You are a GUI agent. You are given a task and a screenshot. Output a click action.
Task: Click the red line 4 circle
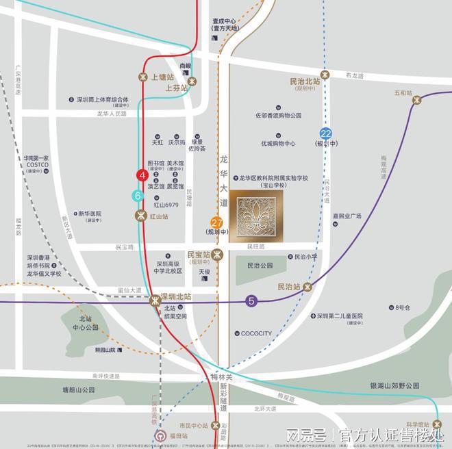point(142,176)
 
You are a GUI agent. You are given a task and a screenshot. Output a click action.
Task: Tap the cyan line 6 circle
point(138,196)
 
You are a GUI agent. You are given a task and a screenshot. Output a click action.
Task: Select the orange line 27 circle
point(216,222)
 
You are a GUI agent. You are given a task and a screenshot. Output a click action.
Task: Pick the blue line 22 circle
point(326,134)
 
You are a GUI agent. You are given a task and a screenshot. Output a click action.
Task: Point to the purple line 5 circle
point(252,300)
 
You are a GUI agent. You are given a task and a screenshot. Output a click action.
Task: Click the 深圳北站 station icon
point(155,299)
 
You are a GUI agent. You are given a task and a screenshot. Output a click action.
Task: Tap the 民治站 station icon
point(307,287)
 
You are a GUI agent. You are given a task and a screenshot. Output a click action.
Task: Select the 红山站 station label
point(160,216)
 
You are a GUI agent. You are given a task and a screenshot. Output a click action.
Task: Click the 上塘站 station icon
point(143,77)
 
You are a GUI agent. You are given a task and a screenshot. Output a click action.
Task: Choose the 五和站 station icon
point(416,101)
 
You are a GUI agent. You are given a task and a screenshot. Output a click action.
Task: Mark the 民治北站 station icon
point(325,74)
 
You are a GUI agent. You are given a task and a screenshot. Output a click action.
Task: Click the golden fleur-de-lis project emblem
point(255,217)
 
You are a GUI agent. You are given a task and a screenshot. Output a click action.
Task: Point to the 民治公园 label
point(260,265)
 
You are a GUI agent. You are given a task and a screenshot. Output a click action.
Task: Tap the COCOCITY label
point(256,334)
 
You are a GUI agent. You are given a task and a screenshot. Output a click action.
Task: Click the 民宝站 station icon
point(217,255)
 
